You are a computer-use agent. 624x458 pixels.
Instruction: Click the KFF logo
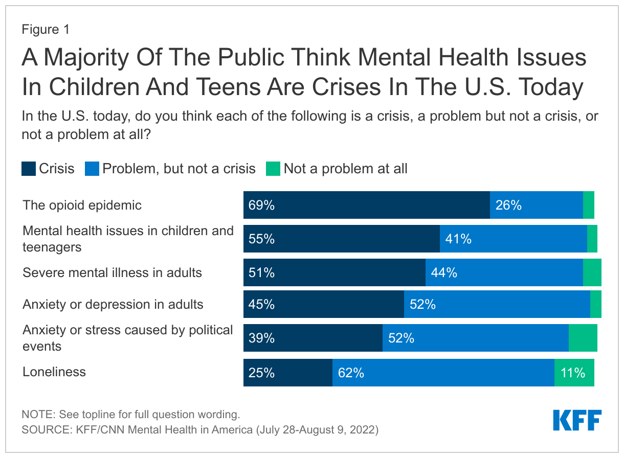[x=577, y=420]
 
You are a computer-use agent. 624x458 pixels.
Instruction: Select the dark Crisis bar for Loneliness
[x=287, y=373]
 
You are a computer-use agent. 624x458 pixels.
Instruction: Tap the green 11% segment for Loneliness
[x=574, y=373]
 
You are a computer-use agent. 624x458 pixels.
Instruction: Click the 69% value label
[x=261, y=205]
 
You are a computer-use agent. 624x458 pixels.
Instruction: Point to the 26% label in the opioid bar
[x=508, y=205]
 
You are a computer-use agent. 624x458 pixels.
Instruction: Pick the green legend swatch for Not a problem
[x=273, y=169]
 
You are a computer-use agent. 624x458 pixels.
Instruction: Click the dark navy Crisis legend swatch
[x=29, y=169]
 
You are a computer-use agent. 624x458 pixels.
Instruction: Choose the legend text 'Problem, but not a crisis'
[x=179, y=169]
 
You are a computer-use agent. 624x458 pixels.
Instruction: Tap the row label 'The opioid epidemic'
[x=82, y=205]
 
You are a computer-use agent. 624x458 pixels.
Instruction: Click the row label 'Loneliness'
[x=54, y=372]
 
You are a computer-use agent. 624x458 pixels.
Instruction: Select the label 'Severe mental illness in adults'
[x=112, y=272]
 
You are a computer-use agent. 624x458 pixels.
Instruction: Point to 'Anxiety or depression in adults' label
[x=113, y=305]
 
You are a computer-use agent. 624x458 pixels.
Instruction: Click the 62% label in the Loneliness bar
[x=351, y=373]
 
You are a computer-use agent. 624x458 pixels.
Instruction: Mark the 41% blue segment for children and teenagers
[x=513, y=239]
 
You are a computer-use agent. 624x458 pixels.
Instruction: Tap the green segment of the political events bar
[x=583, y=338]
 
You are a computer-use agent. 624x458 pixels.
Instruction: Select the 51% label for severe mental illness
[x=261, y=272]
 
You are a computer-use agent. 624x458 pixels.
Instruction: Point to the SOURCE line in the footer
[x=199, y=430]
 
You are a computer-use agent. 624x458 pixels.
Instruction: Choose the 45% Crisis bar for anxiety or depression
[x=323, y=305]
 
